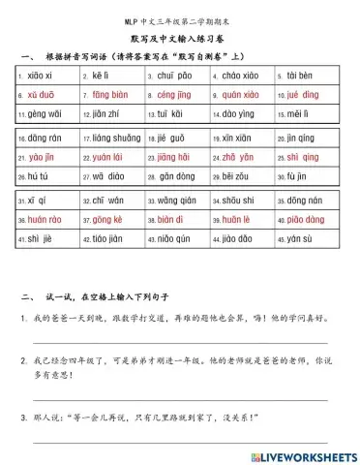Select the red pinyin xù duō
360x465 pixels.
click(x=43, y=95)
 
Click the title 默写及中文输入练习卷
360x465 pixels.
click(x=179, y=38)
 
